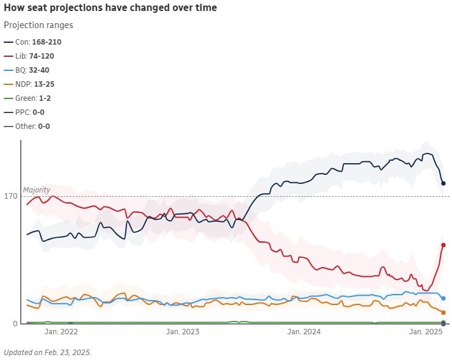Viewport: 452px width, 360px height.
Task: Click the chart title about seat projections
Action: tap(110, 8)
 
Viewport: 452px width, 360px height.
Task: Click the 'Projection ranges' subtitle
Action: tap(38, 25)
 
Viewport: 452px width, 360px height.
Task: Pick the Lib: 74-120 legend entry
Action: tap(34, 56)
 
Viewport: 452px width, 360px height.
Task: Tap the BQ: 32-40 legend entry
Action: tap(32, 70)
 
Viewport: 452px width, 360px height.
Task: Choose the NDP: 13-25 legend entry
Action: tap(34, 84)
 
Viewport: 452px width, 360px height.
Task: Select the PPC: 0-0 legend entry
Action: tap(29, 112)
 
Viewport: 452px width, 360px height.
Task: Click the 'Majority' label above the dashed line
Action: tap(37, 190)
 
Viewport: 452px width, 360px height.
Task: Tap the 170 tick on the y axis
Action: tap(10, 197)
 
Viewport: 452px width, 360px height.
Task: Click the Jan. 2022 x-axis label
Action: tap(62, 332)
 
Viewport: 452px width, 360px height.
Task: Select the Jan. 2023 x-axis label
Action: tap(183, 332)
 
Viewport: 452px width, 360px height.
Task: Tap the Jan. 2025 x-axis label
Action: tap(426, 332)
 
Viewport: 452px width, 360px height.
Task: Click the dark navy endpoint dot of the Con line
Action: tap(443, 183)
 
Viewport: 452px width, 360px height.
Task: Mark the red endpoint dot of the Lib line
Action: tap(443, 245)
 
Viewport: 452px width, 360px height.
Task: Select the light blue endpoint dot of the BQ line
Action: tap(443, 298)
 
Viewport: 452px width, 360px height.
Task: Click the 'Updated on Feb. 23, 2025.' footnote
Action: tap(48, 353)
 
